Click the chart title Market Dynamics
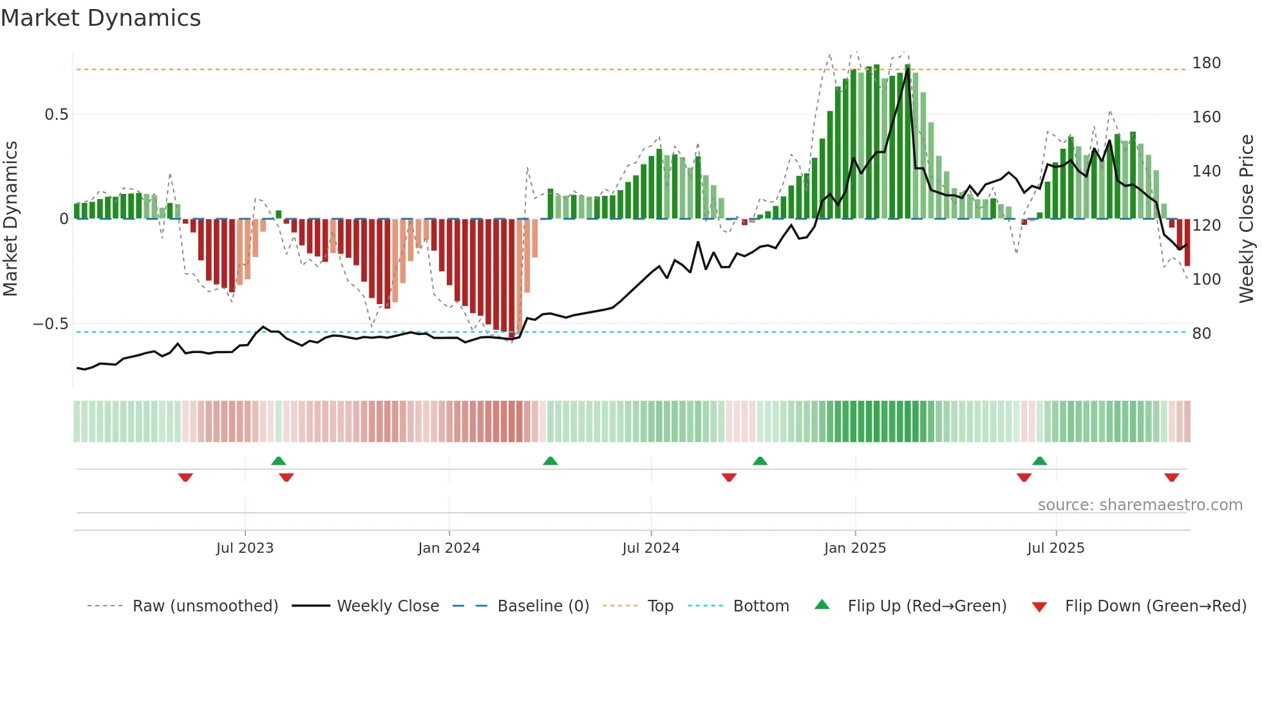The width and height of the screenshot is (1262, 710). click(x=100, y=18)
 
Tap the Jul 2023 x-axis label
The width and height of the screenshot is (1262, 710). click(x=245, y=548)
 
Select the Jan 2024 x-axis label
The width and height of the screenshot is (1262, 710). click(x=449, y=548)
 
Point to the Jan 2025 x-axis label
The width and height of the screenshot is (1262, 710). click(x=855, y=548)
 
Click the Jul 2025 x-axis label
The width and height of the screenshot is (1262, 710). click(x=1056, y=548)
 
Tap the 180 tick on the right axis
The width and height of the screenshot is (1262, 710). click(x=1206, y=63)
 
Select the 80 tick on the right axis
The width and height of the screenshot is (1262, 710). click(x=1201, y=334)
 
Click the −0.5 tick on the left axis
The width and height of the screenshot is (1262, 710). click(x=50, y=324)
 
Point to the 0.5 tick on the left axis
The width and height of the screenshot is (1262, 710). click(x=56, y=115)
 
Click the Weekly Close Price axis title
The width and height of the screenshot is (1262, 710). click(x=1247, y=219)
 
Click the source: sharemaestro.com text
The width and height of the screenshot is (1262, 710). click(x=1140, y=505)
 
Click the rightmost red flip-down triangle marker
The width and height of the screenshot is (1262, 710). click(x=1172, y=477)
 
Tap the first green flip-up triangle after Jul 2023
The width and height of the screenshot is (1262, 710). click(x=278, y=461)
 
